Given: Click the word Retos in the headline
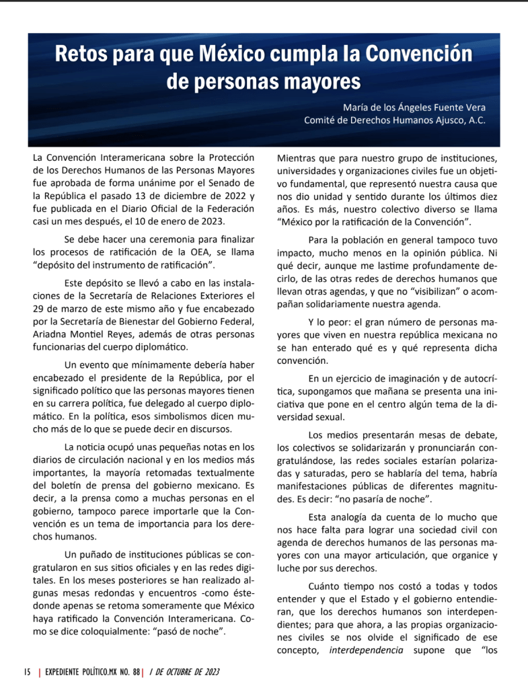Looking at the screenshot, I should click(x=81, y=54).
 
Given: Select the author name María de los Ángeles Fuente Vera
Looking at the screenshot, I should click(x=414, y=108).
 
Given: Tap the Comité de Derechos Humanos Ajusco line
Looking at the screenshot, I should click(x=395, y=121).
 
